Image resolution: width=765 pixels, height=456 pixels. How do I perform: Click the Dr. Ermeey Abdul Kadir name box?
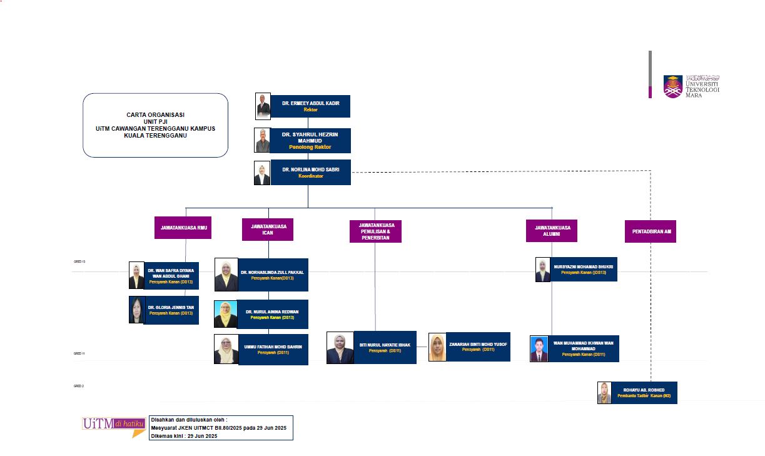310,106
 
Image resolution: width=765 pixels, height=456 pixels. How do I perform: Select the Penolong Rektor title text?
310,147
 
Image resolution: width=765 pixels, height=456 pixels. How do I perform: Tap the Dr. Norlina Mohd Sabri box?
310,172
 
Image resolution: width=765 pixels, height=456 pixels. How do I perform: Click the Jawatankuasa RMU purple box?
183,228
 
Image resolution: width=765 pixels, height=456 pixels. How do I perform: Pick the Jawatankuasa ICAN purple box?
268,230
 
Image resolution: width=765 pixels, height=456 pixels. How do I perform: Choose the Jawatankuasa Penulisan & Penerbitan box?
375,231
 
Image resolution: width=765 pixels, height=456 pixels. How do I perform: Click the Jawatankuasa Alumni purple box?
551,230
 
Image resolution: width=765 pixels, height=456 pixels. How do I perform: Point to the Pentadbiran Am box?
650,231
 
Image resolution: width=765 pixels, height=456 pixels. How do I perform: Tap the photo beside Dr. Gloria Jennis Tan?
136,310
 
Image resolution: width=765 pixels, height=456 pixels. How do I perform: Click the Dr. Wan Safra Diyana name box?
171,276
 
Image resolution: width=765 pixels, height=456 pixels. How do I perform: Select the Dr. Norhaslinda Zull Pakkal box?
273,275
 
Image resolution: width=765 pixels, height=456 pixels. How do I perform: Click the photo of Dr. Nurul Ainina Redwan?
225,314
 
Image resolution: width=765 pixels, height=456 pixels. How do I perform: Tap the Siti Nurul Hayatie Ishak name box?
385,347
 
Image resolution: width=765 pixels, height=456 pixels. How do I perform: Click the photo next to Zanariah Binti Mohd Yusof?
437,347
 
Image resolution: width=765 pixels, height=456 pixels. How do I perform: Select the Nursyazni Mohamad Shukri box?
583,269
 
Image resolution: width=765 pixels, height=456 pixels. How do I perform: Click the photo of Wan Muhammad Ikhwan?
539,349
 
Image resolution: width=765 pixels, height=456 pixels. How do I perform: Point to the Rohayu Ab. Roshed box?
644,392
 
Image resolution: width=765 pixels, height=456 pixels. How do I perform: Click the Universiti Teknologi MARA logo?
691,85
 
